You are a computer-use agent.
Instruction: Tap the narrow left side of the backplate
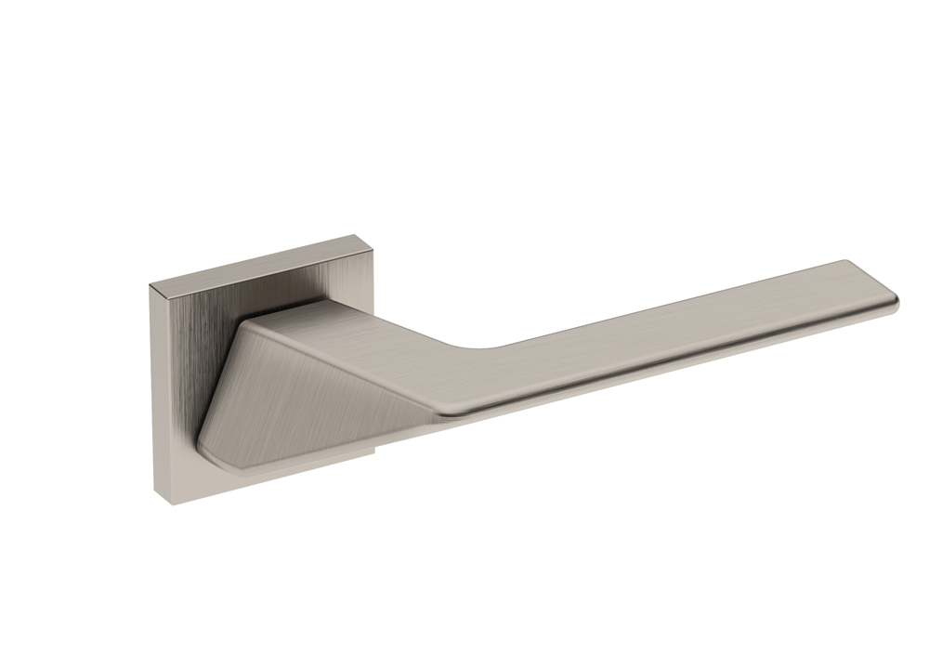click(159, 390)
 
